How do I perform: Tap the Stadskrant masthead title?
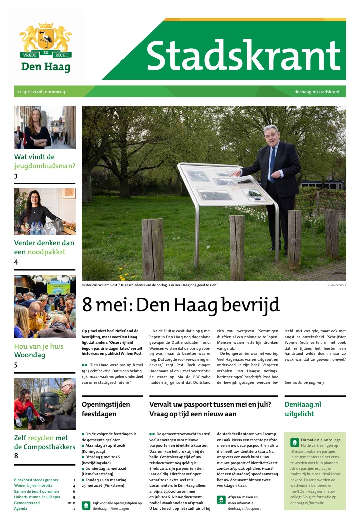coord(242,54)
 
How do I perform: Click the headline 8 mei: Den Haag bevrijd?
coord(181,305)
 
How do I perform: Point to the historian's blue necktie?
coord(272,164)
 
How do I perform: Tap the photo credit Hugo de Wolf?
coord(337,285)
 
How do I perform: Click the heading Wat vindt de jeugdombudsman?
coord(45,162)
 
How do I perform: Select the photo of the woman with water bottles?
coord(45,211)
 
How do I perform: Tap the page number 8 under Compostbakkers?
coord(16,456)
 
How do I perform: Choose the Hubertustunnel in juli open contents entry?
coord(38,497)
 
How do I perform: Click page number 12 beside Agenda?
coord(73,509)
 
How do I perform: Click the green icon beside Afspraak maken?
coord(221,500)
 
